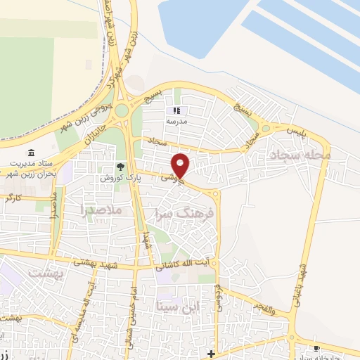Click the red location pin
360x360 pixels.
(181, 165)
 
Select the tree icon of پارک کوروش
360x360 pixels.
(120, 167)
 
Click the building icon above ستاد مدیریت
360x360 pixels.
(31, 153)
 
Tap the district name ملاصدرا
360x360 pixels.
(102, 210)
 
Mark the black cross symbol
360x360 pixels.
(212, 352)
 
